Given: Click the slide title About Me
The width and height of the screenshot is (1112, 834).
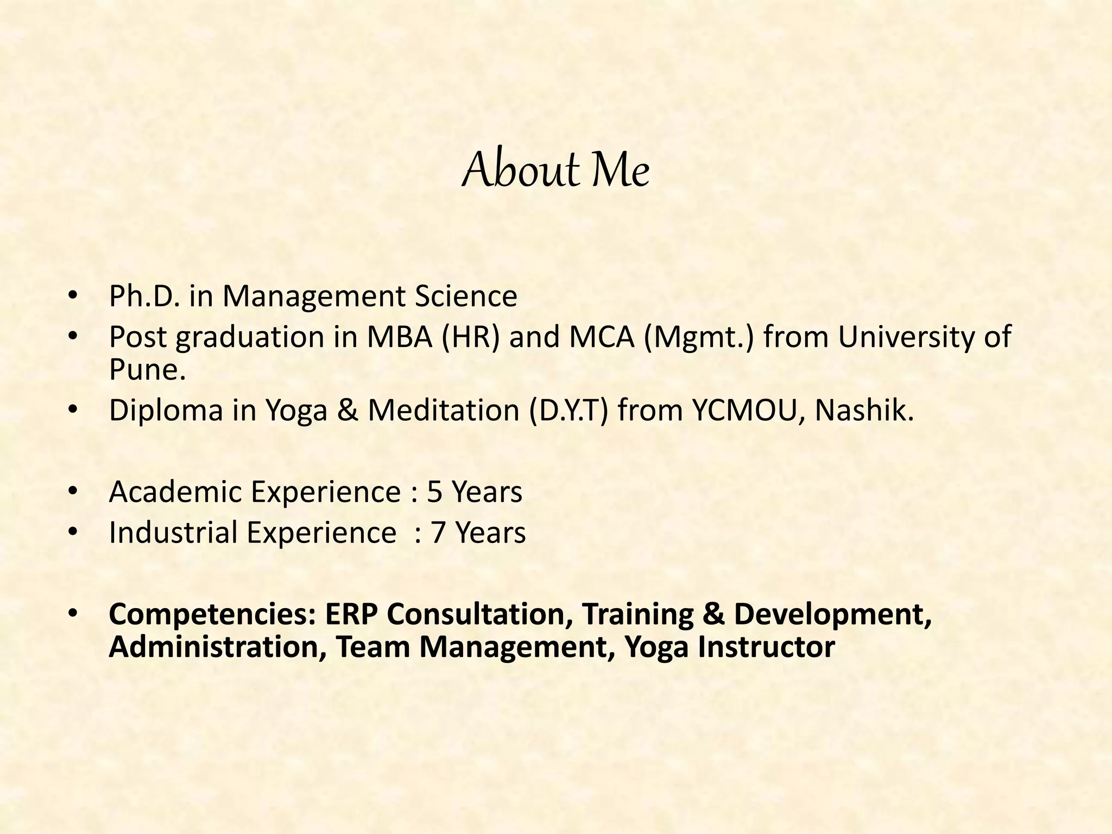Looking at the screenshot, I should point(555,171).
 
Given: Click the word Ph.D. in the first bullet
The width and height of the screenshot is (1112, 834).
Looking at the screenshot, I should point(144,296).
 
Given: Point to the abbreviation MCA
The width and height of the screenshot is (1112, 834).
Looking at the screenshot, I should point(602,337).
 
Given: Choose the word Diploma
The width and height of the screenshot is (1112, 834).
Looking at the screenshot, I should point(166,410).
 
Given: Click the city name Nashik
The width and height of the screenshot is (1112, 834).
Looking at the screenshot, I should point(864,410).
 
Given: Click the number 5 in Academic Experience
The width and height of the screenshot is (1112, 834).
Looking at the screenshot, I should point(435,492).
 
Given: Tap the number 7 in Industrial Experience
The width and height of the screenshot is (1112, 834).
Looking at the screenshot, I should point(438,533).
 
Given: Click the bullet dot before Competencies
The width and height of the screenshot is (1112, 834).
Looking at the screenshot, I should point(73,614).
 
